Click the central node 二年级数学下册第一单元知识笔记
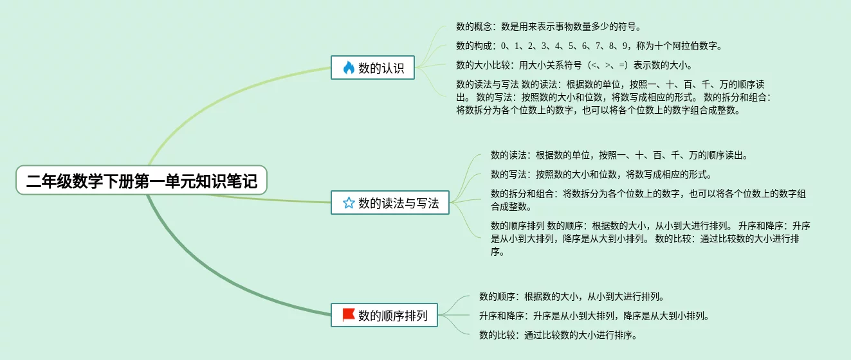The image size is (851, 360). click(142, 182)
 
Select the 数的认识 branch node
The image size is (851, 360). click(373, 67)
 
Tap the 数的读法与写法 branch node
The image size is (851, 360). click(390, 203)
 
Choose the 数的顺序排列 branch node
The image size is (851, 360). click(384, 316)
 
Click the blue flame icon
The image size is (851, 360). click(349, 67)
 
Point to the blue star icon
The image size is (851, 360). click(349, 203)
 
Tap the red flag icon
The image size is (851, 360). click(349, 315)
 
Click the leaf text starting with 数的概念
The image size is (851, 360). click(548, 26)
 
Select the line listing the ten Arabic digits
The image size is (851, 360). click(589, 46)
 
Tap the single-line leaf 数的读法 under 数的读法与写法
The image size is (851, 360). click(619, 155)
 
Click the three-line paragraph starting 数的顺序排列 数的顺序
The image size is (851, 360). click(650, 239)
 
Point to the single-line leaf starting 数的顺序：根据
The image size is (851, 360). click(571, 296)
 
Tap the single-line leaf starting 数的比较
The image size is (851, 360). click(558, 335)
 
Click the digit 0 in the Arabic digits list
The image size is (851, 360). click(504, 46)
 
